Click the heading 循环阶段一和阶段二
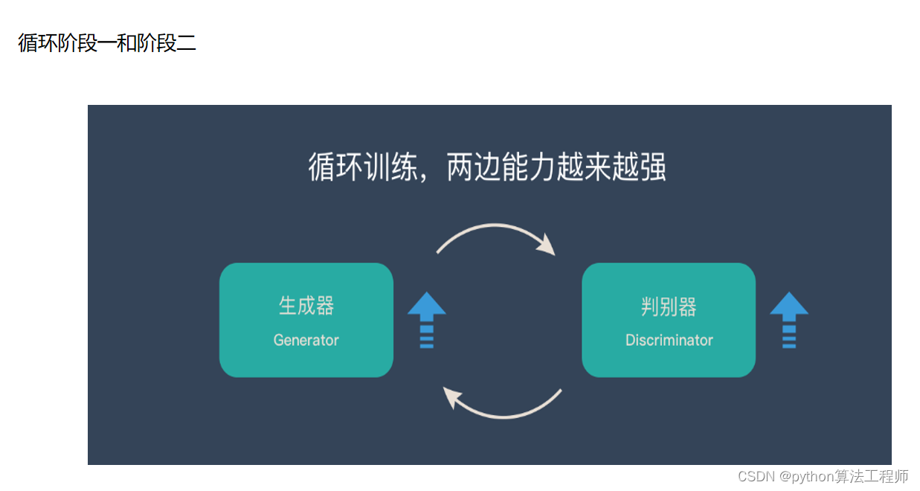pyautogui.click(x=107, y=43)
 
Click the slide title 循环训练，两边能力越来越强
pyautogui.click(x=487, y=168)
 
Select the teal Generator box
pyautogui.click(x=306, y=320)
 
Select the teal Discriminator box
pyautogui.click(x=668, y=320)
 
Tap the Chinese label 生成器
pyautogui.click(x=306, y=306)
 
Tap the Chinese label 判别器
pyautogui.click(x=668, y=306)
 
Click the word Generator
pyautogui.click(x=306, y=340)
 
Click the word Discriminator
pyautogui.click(x=669, y=340)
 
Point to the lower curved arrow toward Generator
pyautogui.click(x=506, y=411)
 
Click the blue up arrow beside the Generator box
pyautogui.click(x=426, y=319)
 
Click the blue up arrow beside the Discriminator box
pyautogui.click(x=788, y=319)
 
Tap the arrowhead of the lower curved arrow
pyautogui.click(x=451, y=397)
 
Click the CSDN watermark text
pyautogui.click(x=823, y=476)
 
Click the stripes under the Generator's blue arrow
pyautogui.click(x=426, y=336)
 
